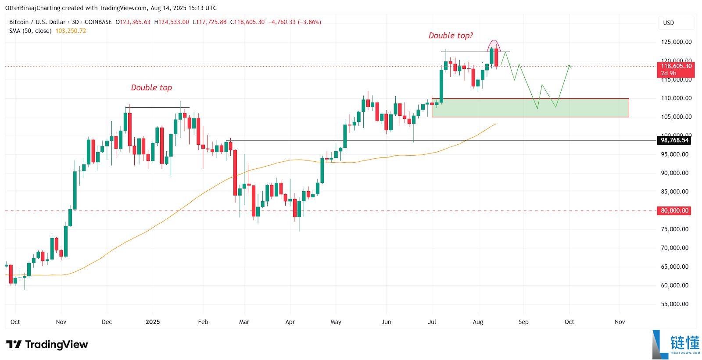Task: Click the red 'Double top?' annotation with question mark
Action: tap(451, 36)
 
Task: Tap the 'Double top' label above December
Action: tap(151, 87)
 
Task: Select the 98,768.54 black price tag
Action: tap(675, 140)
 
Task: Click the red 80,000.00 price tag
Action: tap(675, 210)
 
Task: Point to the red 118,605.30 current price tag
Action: tap(676, 66)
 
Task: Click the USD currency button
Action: tap(668, 23)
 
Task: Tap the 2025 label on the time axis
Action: tap(153, 322)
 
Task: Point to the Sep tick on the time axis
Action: tap(523, 322)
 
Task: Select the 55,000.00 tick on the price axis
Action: tap(674, 304)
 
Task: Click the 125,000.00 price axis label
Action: tap(676, 42)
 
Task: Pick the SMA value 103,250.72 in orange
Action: tap(71, 31)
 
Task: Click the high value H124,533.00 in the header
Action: tap(172, 22)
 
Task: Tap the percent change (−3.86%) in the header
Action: tap(309, 22)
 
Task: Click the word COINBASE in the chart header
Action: tap(98, 22)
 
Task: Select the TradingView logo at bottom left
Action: tap(47, 345)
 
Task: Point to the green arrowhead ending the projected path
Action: tap(569, 66)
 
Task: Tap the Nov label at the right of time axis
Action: tap(620, 322)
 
